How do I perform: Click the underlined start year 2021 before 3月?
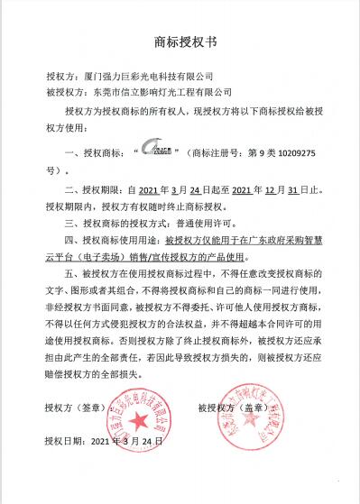click(x=155, y=190)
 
